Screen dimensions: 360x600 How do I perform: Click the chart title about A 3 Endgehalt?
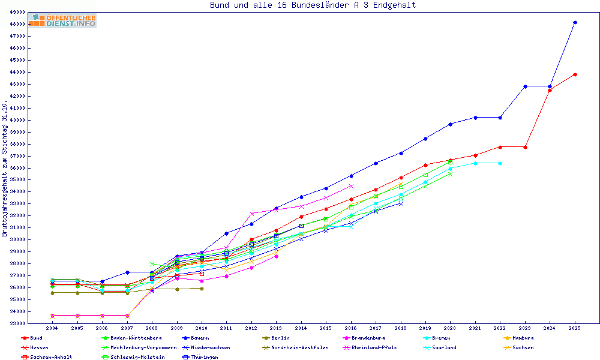313,5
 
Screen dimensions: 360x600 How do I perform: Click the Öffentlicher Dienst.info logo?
62,21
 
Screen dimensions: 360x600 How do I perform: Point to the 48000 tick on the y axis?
17,24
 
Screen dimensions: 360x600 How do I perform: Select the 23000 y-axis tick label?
17,323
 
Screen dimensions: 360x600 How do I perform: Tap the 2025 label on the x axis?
575,329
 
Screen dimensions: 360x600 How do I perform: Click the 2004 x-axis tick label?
52,329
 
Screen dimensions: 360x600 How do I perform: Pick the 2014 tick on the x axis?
301,329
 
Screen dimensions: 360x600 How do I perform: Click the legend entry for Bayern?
196,338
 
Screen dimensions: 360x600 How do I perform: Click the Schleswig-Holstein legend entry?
130,357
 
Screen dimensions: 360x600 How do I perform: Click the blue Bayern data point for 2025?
575,23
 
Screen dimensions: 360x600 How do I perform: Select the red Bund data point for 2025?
575,74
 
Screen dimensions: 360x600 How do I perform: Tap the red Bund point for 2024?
550,90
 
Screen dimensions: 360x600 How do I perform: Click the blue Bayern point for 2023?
525,86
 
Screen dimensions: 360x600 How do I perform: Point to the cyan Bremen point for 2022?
500,163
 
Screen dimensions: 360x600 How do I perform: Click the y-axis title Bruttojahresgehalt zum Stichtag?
5,167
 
